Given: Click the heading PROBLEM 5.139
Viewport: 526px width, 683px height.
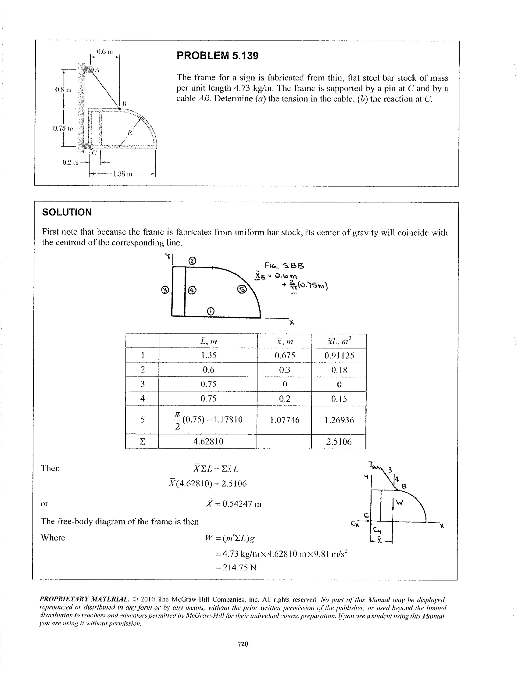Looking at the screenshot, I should [217, 56].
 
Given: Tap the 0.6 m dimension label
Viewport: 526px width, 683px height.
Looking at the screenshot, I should [105, 52].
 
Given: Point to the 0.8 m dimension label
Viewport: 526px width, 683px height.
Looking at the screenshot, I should [63, 90].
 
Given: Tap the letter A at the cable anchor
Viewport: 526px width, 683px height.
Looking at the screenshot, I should [97, 70].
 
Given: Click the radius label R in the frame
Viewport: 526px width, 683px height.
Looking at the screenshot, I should [130, 133].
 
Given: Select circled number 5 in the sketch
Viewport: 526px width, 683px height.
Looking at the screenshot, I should [242, 290].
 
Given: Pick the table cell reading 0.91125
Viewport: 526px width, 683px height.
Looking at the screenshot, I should [339, 356].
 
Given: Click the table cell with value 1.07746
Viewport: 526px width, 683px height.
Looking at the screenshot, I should [284, 420].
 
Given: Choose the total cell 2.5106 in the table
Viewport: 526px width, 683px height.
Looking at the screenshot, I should [339, 441].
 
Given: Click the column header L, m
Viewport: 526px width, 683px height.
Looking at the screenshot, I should [209, 341].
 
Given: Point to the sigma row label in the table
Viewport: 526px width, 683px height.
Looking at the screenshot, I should [142, 441].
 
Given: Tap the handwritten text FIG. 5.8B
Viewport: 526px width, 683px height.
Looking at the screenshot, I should [284, 265].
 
